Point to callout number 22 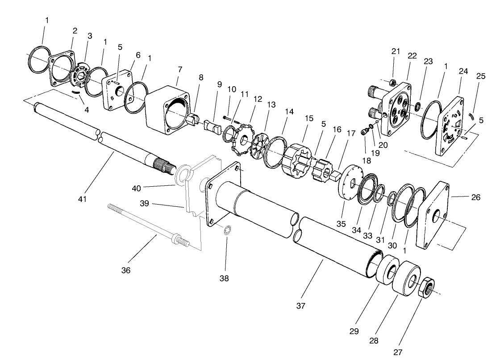[412, 56]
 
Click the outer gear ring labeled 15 [296, 160]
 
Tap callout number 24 [463, 71]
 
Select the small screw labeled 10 [227, 117]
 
